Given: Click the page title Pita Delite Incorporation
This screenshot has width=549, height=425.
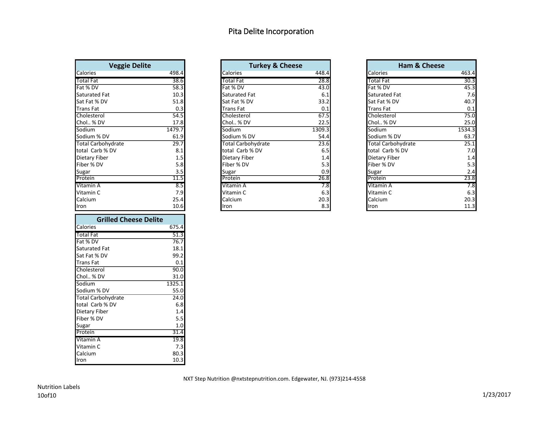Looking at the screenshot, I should click(x=271, y=32).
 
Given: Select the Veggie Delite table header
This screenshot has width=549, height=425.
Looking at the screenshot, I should click(x=130, y=66).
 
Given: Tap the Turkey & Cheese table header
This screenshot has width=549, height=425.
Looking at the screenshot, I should click(x=275, y=66).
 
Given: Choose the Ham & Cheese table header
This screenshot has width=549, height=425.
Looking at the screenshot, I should click(x=421, y=66).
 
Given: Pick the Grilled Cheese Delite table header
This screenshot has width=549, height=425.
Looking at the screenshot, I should click(x=130, y=220).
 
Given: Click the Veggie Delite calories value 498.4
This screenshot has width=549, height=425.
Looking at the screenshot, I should click(x=176, y=73).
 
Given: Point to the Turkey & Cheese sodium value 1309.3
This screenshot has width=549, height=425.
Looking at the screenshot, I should click(x=321, y=130).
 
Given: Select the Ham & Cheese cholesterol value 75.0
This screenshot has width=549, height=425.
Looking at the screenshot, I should click(x=469, y=116).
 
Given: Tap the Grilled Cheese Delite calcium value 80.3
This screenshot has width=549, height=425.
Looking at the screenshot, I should click(x=178, y=354).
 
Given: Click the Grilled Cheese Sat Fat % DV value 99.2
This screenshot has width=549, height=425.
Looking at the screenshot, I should click(x=178, y=256).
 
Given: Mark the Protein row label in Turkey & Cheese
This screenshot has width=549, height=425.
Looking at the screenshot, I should click(x=231, y=178).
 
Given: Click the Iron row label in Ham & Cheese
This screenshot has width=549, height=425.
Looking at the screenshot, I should click(x=373, y=206).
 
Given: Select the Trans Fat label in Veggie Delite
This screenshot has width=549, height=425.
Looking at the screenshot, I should click(x=87, y=109).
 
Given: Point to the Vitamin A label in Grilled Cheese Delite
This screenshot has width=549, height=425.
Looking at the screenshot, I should click(x=88, y=340).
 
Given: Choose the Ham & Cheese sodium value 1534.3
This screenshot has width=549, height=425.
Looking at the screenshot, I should click(x=466, y=130).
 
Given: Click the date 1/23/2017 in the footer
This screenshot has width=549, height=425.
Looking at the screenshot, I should click(x=496, y=395).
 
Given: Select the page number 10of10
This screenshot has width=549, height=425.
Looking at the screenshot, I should click(x=47, y=396).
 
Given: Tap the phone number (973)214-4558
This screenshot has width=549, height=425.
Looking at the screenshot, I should click(x=347, y=379).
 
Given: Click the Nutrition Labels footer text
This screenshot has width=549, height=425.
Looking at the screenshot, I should click(x=59, y=387).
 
